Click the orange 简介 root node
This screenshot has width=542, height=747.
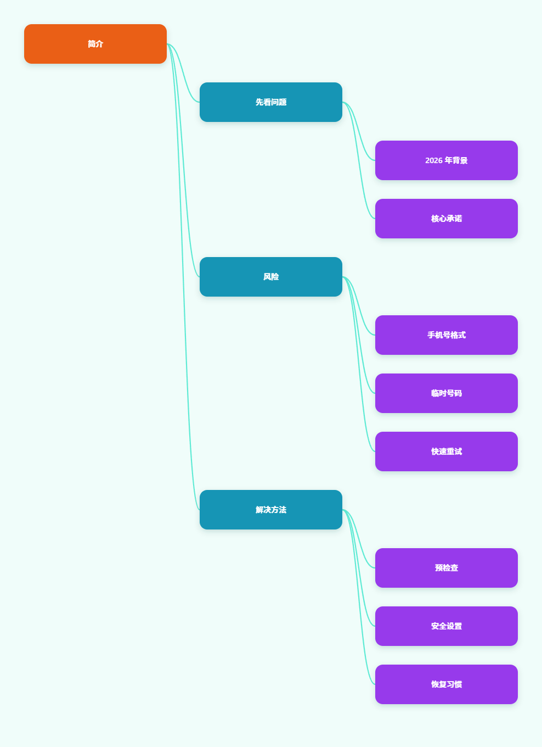[x=95, y=44]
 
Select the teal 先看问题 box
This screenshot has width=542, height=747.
[x=271, y=102]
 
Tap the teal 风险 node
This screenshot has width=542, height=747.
[x=271, y=277]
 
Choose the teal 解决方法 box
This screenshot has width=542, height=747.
[x=271, y=510]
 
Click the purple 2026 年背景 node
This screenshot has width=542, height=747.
[x=447, y=160]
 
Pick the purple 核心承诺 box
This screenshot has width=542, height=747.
[x=447, y=219]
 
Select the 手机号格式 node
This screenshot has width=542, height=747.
[x=447, y=335]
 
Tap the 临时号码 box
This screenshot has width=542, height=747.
[x=447, y=393]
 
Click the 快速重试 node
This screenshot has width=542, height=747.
[x=447, y=451]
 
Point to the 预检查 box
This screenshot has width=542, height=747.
[x=447, y=568]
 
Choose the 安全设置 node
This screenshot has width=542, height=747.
[x=447, y=626]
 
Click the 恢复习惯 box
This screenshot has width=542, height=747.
[x=447, y=684]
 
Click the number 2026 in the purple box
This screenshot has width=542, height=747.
[x=434, y=160]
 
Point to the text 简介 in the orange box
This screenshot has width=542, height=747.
[x=95, y=44]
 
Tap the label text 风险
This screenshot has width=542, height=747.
[x=271, y=277]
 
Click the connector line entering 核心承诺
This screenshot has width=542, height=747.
[x=359, y=160]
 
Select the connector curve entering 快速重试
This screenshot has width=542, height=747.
[x=359, y=364]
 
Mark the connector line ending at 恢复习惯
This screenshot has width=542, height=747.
[x=359, y=597]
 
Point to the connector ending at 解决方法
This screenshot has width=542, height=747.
[x=183, y=277]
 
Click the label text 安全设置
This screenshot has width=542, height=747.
[x=447, y=626]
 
